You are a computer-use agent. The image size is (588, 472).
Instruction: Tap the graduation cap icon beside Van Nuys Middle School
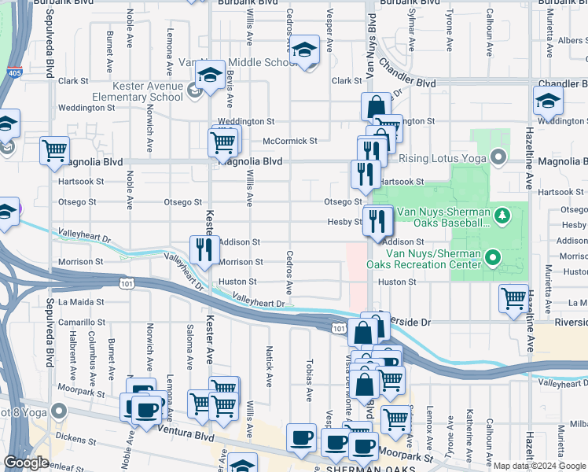[x=303, y=51]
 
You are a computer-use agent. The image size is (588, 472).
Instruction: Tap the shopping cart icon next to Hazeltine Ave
[x=513, y=299]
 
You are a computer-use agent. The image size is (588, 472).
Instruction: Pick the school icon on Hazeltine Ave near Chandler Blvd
[x=548, y=101]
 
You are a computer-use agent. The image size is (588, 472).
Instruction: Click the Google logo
[x=26, y=463]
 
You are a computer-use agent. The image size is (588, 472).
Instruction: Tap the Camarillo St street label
[x=81, y=322]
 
